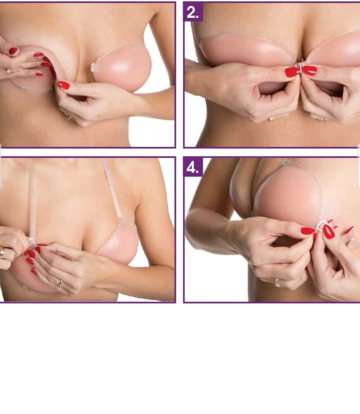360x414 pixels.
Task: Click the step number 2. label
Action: (x=193, y=12)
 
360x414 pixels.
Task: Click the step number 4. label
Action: (x=193, y=167)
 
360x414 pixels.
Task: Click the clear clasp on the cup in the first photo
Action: (x=93, y=67)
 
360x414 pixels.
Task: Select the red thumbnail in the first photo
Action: (x=64, y=85)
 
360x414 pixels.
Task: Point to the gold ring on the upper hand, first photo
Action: (x=8, y=70)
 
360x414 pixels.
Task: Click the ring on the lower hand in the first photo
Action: (x=70, y=117)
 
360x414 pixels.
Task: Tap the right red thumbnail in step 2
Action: (x=309, y=71)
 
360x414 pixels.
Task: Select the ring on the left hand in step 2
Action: (x=271, y=120)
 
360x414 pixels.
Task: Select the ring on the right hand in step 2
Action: (x=326, y=120)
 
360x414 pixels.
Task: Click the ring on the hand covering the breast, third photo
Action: (x=60, y=284)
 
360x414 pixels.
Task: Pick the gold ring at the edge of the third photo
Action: (x=2, y=252)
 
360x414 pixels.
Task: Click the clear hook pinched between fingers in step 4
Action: (x=321, y=226)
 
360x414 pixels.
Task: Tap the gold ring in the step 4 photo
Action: (x=278, y=282)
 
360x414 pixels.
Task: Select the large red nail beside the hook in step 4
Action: (x=329, y=232)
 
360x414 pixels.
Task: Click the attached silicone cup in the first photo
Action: (x=122, y=68)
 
